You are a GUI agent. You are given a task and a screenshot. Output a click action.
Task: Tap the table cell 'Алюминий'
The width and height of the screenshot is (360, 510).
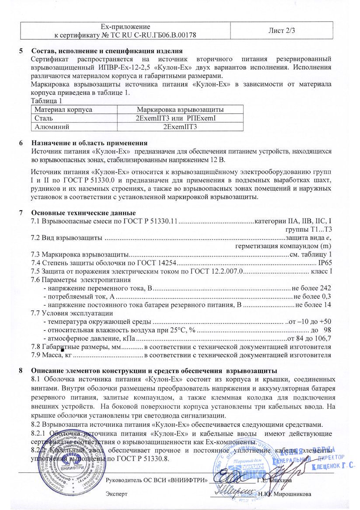point(49,127)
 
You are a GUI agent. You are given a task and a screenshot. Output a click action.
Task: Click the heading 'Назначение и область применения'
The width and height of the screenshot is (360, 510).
point(89,143)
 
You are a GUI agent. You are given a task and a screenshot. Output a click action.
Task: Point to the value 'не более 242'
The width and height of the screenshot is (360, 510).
point(311,288)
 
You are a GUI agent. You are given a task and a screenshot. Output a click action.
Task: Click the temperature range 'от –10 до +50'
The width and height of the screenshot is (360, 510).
point(311,321)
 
